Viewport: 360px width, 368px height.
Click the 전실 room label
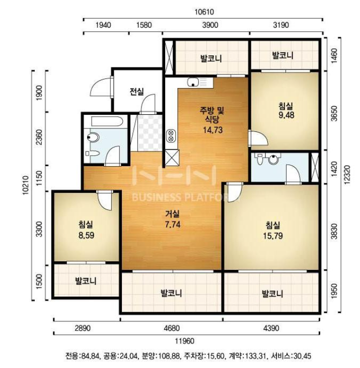click(137, 92)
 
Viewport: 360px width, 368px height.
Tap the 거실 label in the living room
click(173, 214)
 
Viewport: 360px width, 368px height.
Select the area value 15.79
click(273, 236)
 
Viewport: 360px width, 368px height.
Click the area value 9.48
click(286, 115)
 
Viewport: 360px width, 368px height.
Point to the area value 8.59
click(87, 235)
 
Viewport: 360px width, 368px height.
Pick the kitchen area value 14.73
click(212, 130)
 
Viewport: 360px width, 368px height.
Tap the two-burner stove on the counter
click(171, 136)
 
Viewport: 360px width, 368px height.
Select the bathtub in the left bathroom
click(107, 121)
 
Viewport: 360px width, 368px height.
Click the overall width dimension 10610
click(204, 12)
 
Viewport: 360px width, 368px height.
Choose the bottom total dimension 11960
click(185, 341)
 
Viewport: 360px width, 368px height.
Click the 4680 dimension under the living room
click(172, 328)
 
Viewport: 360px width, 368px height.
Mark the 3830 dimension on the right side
click(334, 231)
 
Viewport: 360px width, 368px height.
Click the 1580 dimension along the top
click(144, 25)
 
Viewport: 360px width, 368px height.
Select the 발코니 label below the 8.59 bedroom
click(86, 281)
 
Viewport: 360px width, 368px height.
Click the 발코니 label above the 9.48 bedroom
click(283, 55)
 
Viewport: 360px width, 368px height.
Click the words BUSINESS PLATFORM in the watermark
click(185, 197)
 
